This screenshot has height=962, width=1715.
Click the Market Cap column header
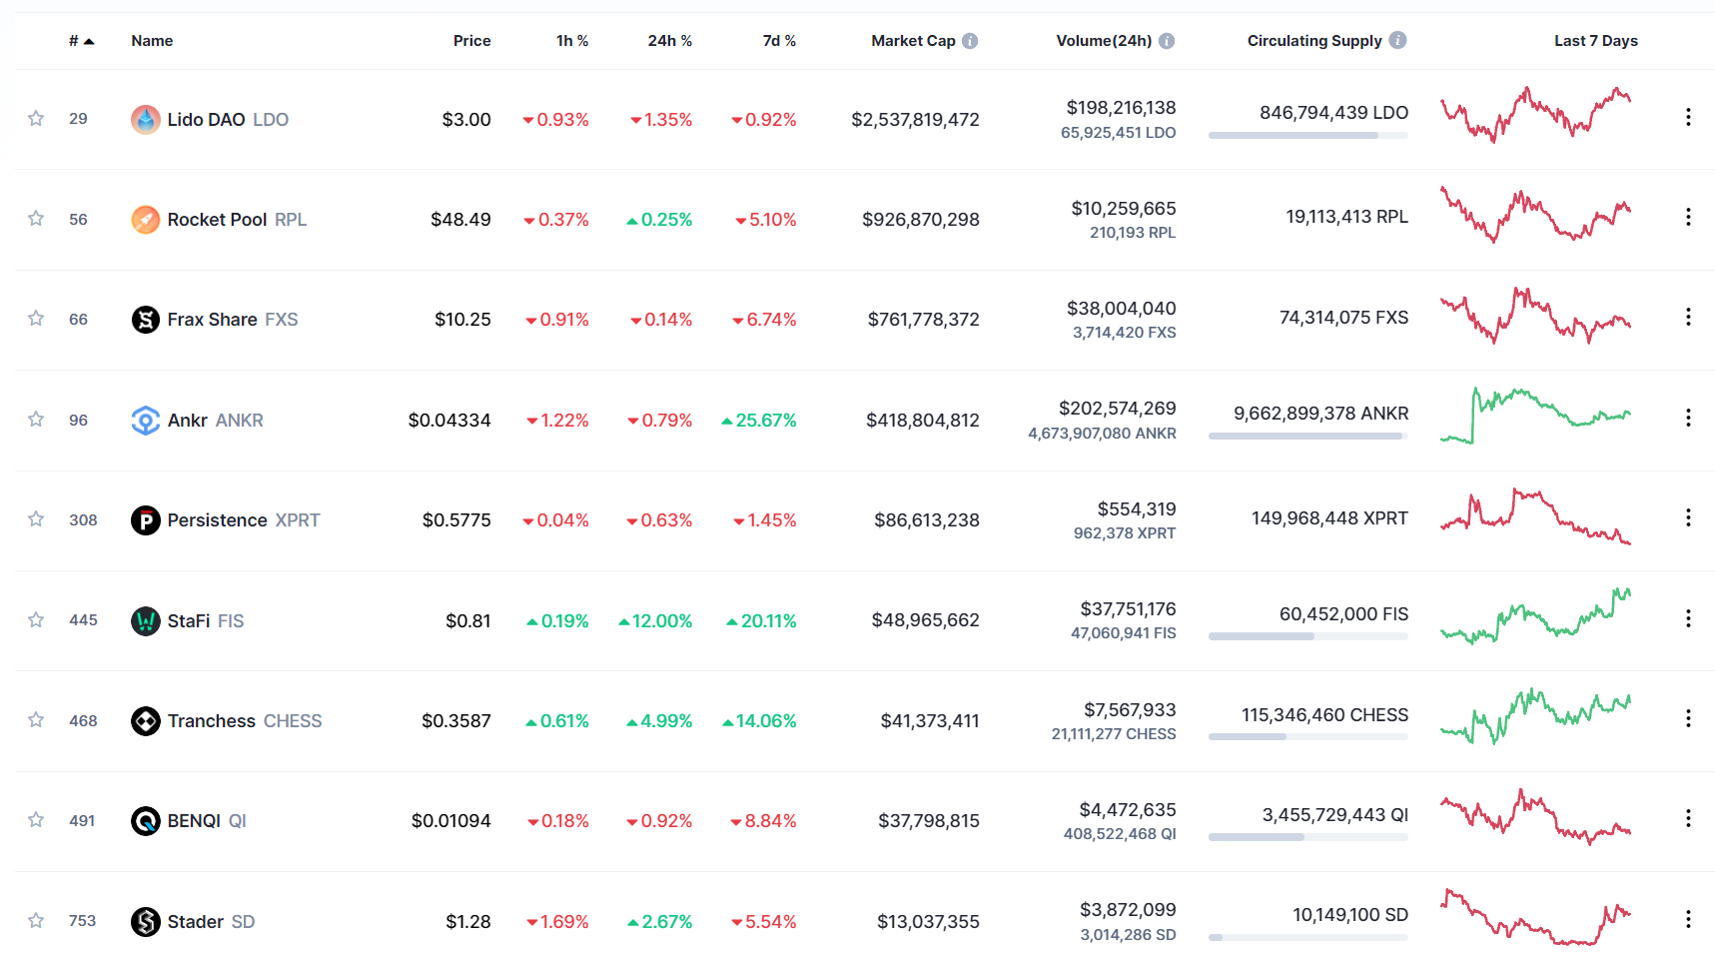912,41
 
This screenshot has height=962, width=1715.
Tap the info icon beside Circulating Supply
1397,40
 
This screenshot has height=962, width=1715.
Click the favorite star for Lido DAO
36,119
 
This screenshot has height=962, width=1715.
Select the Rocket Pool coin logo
146,220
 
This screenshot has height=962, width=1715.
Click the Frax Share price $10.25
462,320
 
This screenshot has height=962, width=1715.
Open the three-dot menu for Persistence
1688,517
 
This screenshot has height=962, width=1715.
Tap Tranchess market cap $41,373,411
929,721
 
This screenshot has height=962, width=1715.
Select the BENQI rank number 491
82,821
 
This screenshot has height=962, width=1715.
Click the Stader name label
195,922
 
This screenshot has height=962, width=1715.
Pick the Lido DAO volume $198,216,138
1121,108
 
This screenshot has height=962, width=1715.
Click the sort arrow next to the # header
89,42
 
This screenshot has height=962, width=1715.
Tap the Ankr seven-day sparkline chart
1535,416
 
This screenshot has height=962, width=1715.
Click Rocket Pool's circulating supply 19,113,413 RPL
1346,217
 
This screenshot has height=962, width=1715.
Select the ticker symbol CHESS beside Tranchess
293,721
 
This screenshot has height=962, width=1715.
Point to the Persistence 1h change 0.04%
562,520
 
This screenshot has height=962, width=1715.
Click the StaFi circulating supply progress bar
1307,636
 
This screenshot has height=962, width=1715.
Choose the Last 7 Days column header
1595,41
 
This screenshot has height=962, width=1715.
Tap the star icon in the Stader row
36,920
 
